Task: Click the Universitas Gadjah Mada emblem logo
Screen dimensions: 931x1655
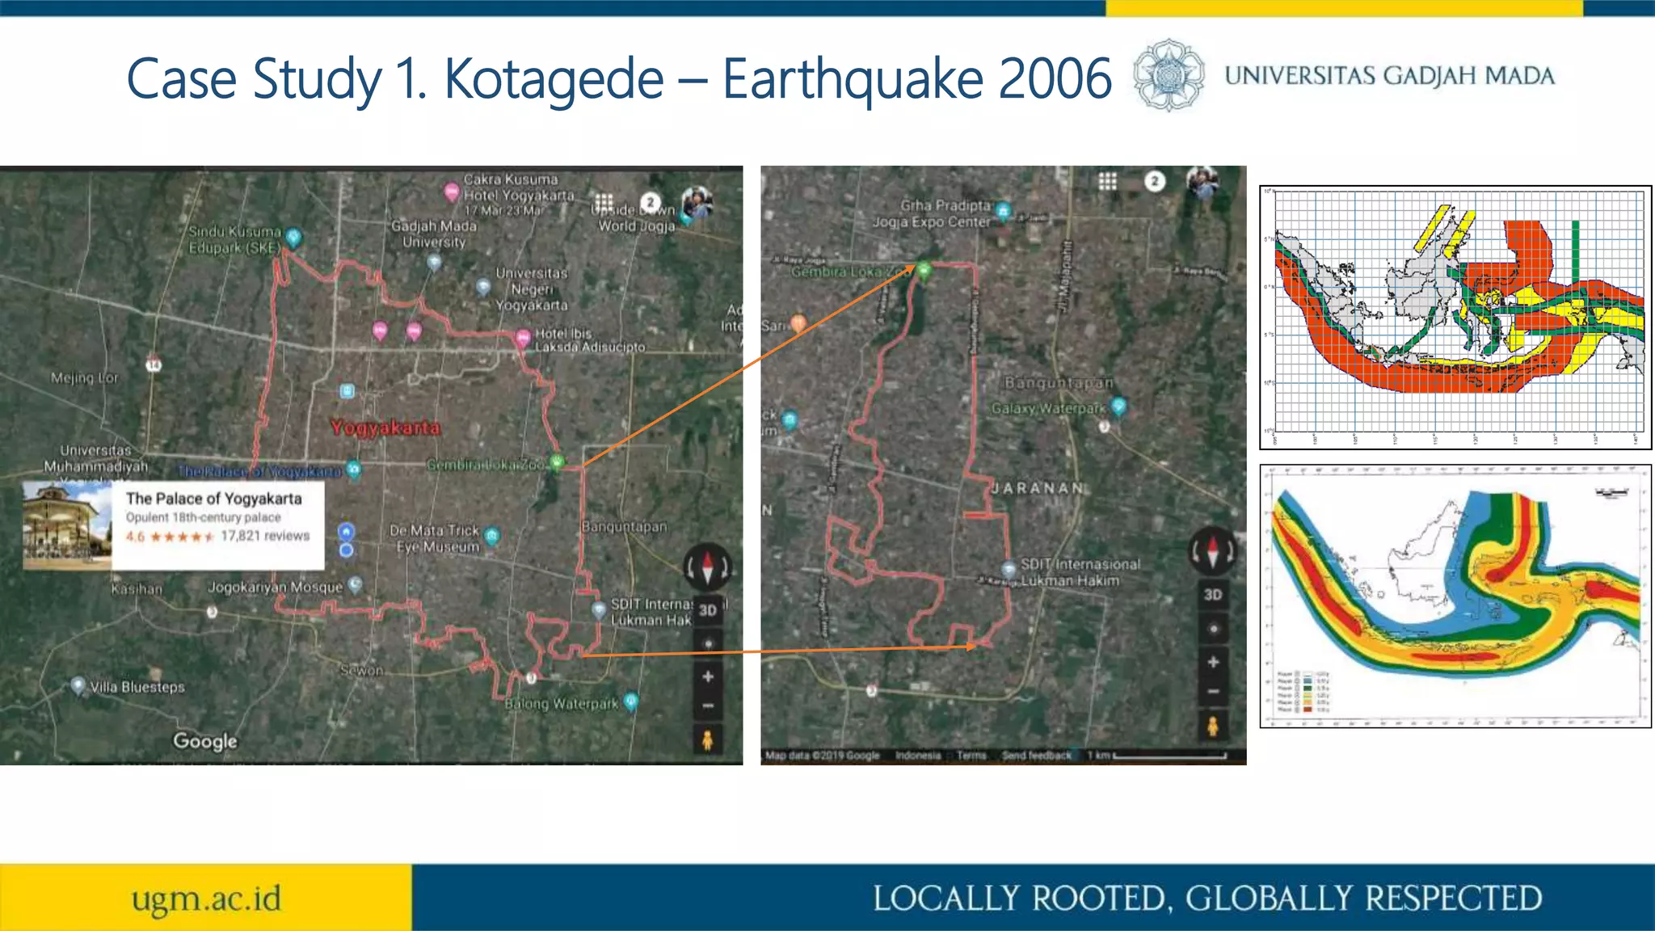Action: [1168, 74]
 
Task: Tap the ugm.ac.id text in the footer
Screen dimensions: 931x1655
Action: [206, 899]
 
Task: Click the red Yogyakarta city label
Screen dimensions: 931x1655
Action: [385, 428]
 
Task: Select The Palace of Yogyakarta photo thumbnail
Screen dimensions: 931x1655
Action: [67, 525]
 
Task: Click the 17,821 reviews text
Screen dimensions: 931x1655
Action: [265, 536]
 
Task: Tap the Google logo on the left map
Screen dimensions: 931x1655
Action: [205, 741]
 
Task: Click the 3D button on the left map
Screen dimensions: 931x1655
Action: [708, 610]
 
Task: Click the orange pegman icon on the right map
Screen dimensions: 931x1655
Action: [1212, 725]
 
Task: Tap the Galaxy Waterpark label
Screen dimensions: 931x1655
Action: [1048, 409]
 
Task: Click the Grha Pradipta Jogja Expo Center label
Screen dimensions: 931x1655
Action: [931, 213]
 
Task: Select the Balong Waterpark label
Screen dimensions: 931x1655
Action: [562, 704]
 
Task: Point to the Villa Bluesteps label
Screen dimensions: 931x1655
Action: [137, 687]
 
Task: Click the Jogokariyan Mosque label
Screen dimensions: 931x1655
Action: [275, 587]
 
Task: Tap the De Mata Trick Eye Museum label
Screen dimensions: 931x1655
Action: [434, 538]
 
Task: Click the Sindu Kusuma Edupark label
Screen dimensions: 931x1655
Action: [234, 239]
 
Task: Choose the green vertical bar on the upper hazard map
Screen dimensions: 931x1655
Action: [1575, 251]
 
